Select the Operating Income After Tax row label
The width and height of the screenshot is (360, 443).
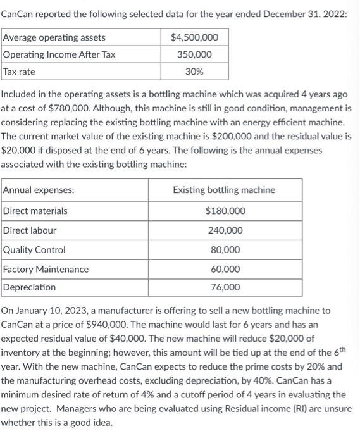[59, 54]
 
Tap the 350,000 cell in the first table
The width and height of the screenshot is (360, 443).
[195, 54]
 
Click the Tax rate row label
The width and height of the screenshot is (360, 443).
[20, 72]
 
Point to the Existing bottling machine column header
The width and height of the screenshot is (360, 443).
[224, 190]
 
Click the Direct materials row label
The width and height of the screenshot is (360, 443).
[35, 211]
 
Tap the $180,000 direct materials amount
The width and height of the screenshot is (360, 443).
[225, 211]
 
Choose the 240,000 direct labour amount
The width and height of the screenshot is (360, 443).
[225, 230]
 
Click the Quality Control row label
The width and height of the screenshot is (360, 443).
[35, 250]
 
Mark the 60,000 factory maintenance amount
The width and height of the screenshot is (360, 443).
[225, 269]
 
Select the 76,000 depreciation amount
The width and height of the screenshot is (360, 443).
[225, 287]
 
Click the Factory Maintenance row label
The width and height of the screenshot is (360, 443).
[46, 269]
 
